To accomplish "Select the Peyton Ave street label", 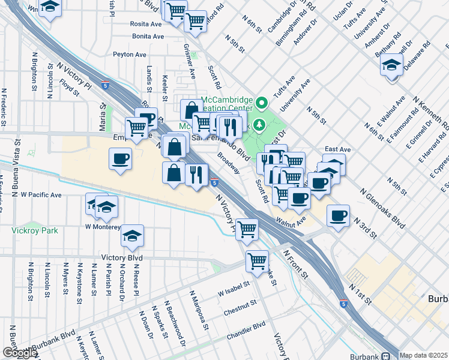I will tap(130, 55).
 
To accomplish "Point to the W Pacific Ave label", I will tap(41, 195).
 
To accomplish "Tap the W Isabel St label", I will tap(234, 292).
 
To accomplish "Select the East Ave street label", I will tap(337, 149).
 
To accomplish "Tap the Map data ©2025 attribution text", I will tap(424, 355).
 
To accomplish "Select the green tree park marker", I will tap(259, 125).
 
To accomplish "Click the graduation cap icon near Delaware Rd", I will tap(391, 65).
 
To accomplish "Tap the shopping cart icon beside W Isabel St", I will tap(257, 261).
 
